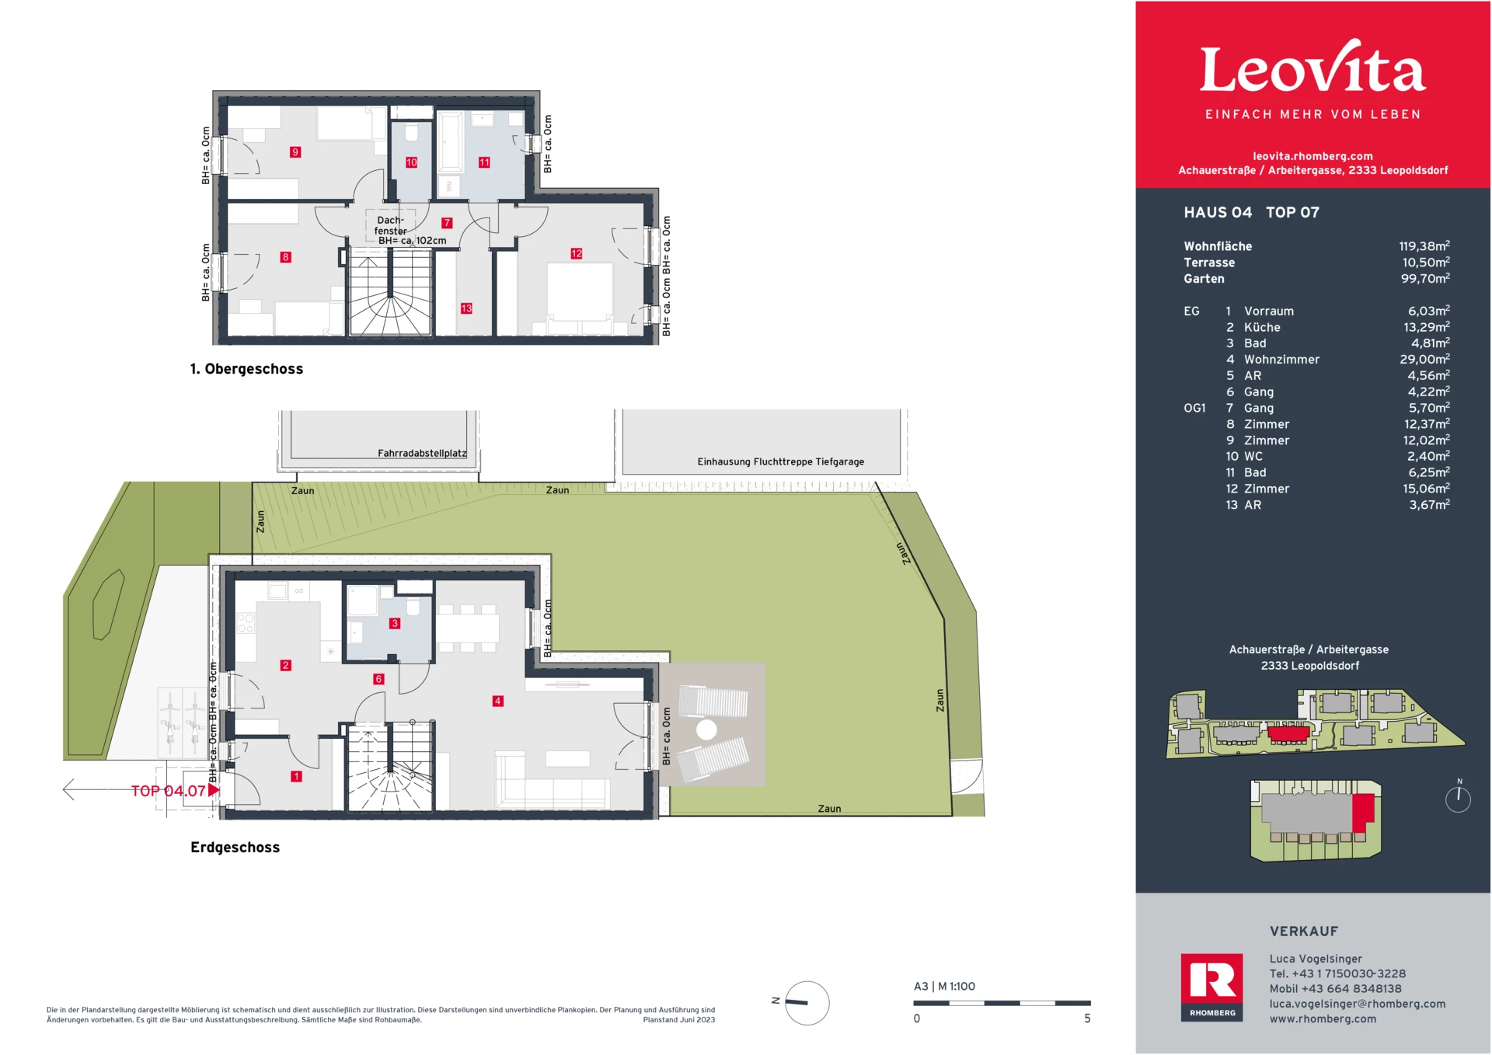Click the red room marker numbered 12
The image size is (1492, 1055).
[576, 253]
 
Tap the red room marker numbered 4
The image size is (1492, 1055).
[497, 701]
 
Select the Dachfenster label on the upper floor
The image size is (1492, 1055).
[390, 225]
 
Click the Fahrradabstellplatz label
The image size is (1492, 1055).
[422, 453]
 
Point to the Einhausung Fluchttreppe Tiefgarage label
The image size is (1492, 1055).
[780, 461]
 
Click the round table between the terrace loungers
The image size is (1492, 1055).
[706, 729]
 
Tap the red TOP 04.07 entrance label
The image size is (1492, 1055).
[169, 791]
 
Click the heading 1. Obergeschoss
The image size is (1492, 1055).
[246, 369]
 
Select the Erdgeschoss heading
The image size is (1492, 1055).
[235, 848]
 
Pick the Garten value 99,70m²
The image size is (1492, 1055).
[1425, 278]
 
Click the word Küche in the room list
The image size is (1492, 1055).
[1262, 327]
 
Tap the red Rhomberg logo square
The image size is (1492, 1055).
[1211, 987]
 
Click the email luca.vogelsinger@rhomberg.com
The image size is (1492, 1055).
[1358, 1004]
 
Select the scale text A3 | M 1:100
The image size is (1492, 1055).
[944, 987]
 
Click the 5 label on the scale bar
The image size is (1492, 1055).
[1087, 1018]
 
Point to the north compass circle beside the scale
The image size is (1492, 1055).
[807, 1003]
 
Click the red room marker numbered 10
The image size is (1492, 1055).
[411, 162]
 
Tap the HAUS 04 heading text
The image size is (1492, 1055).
[1218, 213]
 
